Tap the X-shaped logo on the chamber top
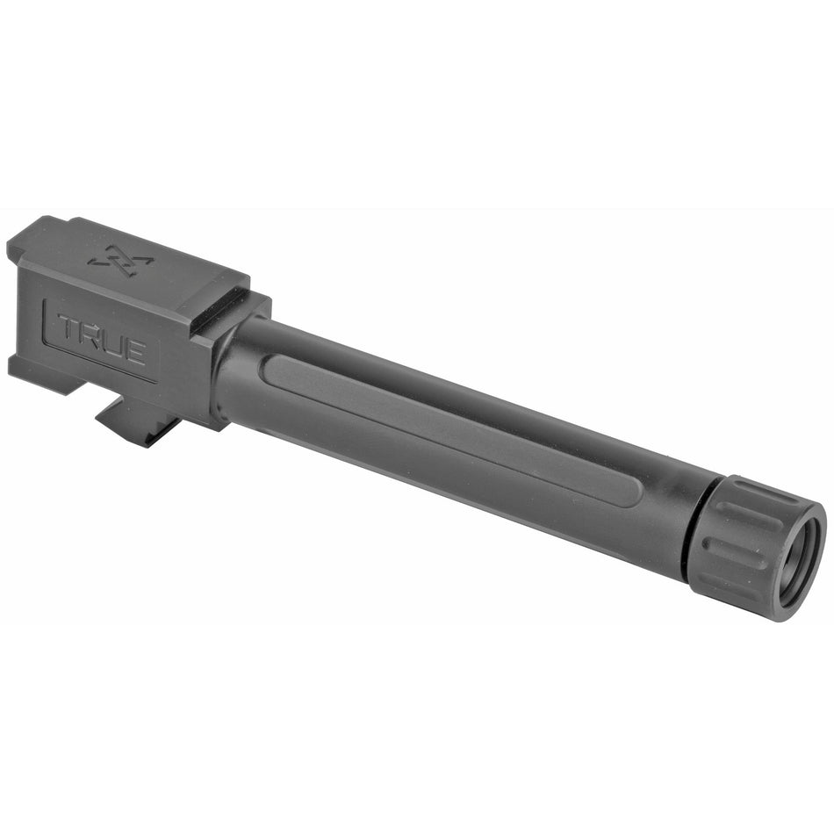point(120,260)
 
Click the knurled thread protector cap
point(755,544)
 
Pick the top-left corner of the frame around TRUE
point(45,299)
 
